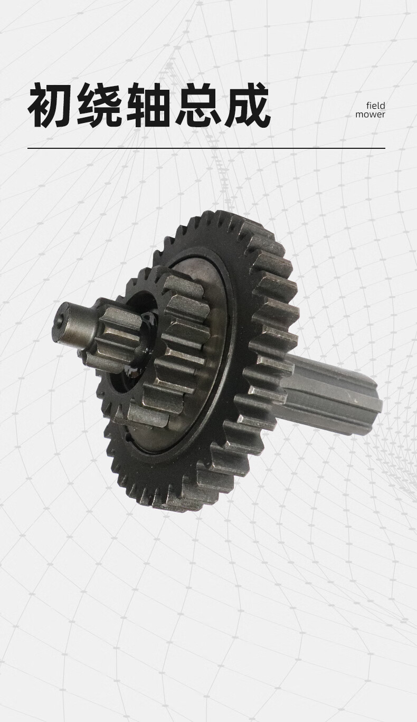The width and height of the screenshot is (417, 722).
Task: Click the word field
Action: [x=376, y=106]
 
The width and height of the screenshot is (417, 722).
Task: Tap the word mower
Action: [x=370, y=115]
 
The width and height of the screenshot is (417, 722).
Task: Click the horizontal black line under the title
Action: [x=206, y=148]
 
